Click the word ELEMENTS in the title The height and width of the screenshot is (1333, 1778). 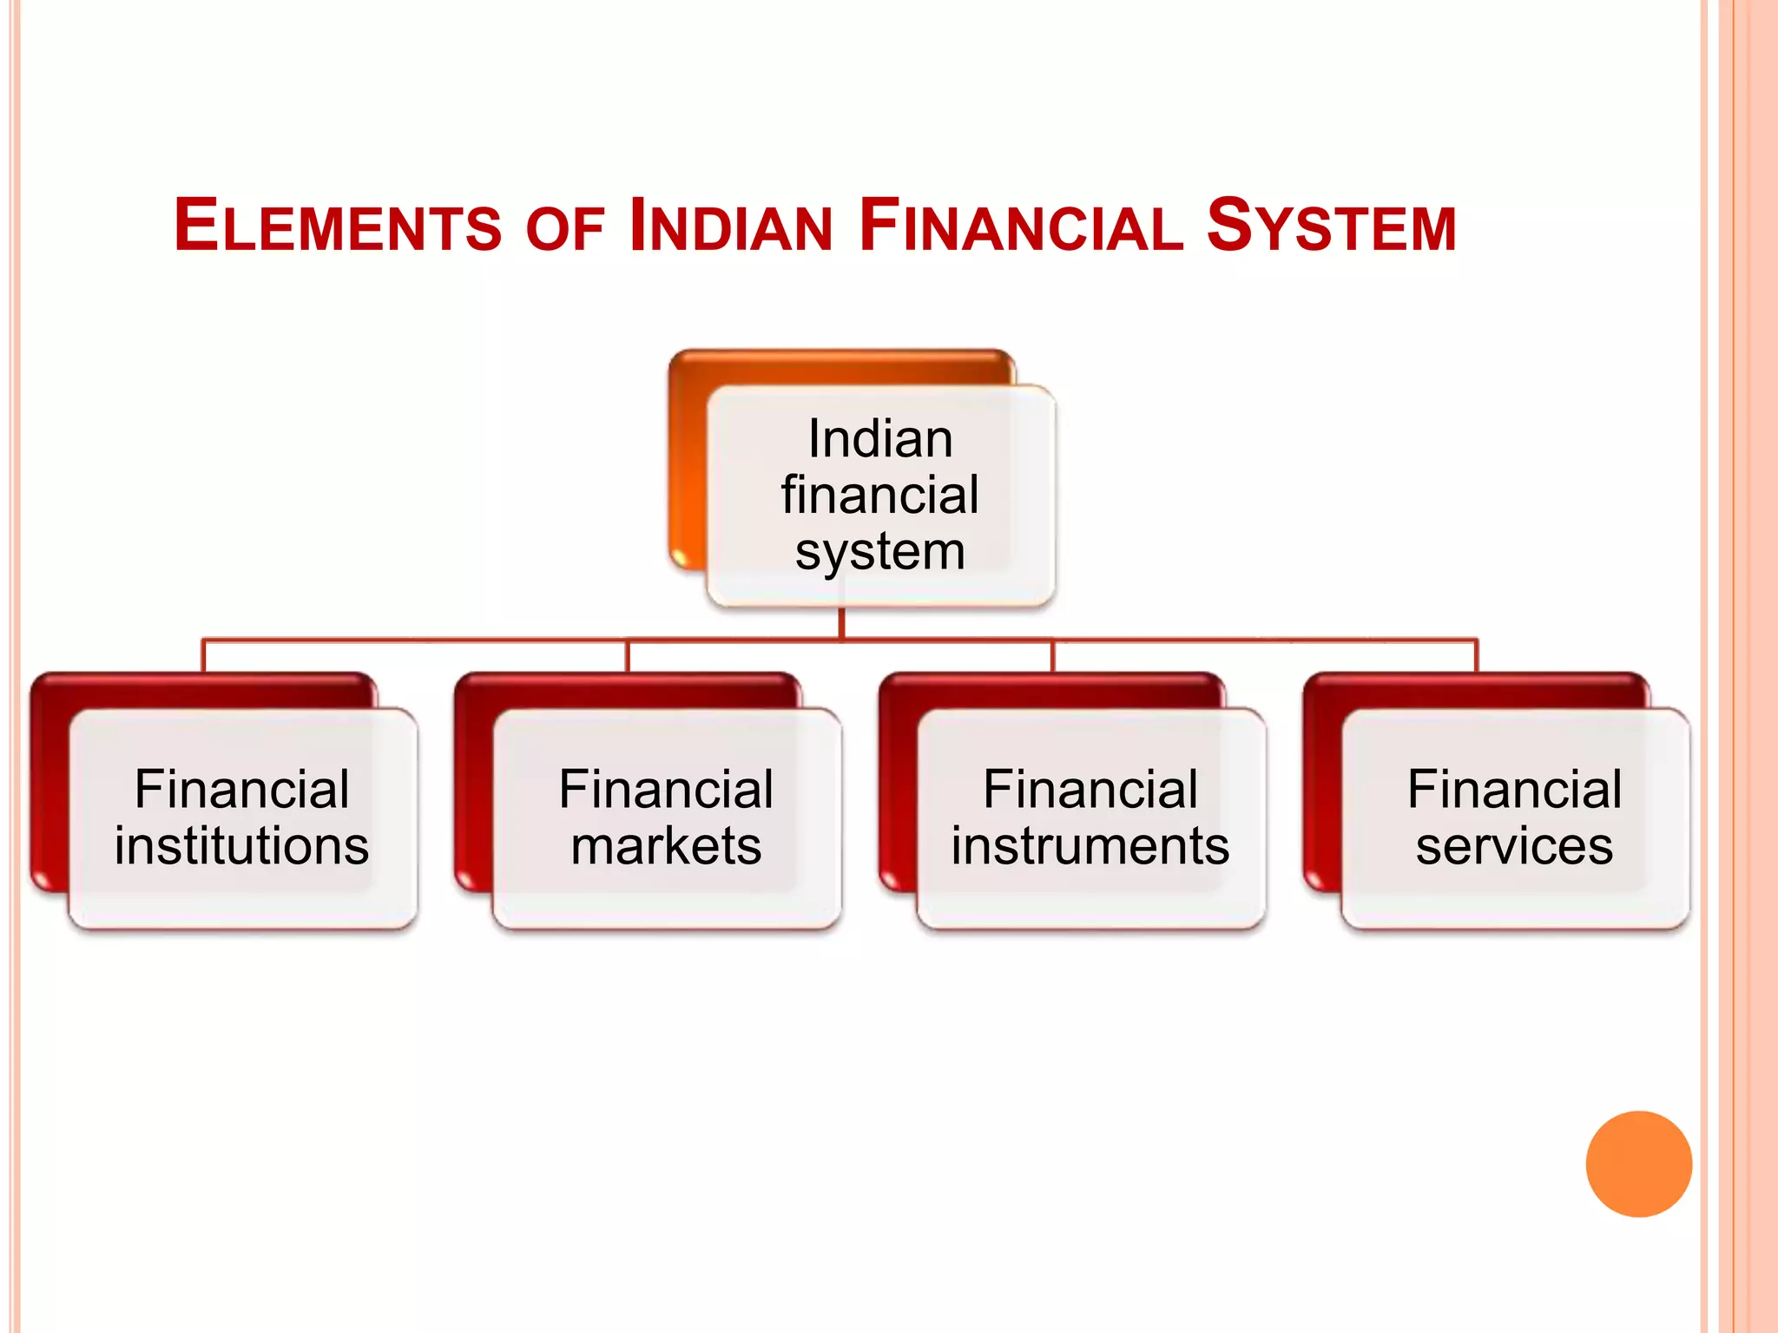tap(337, 227)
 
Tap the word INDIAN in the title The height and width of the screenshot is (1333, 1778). tap(731, 227)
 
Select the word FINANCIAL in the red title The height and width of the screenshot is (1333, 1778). tap(1021, 227)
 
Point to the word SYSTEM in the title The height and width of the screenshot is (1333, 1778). tap(1331, 227)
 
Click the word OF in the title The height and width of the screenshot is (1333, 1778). tap(564, 230)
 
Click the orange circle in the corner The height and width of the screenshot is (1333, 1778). tap(1638, 1164)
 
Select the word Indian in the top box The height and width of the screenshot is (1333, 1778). tap(880, 439)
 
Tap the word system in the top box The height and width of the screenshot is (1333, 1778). tap(880, 553)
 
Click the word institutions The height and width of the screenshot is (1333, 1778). tap(241, 846)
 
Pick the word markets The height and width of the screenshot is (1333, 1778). tap(666, 846)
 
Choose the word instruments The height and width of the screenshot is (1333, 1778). tap(1090, 846)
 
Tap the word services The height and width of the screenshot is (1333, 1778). tap(1514, 846)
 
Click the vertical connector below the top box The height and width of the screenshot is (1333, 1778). tap(841, 623)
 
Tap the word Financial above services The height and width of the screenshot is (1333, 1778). tap(1514, 790)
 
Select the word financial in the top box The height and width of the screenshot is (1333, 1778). tap(880, 496)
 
